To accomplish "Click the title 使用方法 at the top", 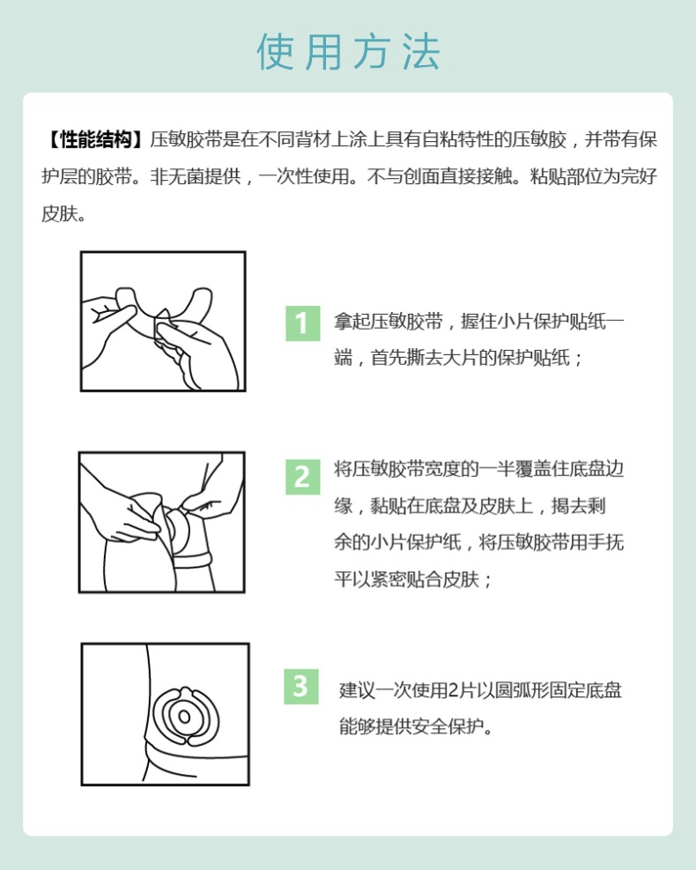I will pos(348,53).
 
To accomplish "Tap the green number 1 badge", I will pos(301,323).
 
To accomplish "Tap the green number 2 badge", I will pos(301,476).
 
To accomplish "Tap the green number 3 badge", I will pos(301,685).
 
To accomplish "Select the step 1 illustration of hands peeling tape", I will pos(163,321).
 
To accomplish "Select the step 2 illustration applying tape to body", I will pos(162,522).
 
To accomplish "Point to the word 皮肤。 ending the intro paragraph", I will pos(63,214).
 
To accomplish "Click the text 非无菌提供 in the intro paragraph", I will pos(194,177).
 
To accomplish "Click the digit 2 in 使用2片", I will pos(453,690).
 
